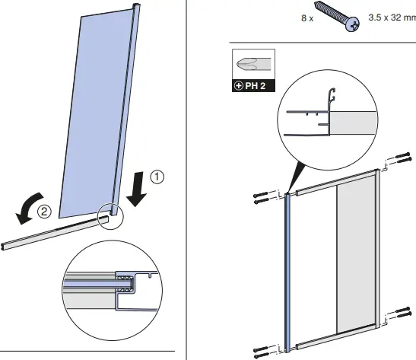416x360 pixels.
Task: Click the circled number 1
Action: click(x=157, y=177)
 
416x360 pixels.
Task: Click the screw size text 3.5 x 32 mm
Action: click(x=392, y=16)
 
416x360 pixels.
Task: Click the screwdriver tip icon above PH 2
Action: click(x=252, y=64)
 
